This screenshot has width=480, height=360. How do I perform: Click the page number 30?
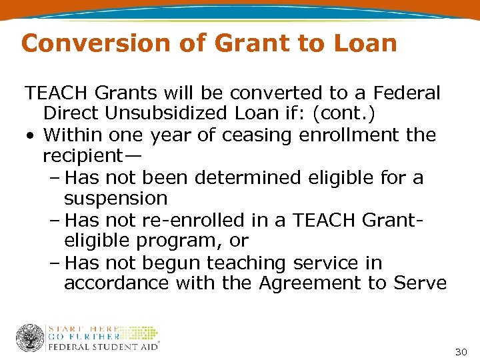pos(461,351)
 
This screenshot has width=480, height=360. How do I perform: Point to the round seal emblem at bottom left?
pos(29,338)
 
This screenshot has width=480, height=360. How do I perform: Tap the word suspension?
pos(115,199)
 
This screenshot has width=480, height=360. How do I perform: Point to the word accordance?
pos(117,283)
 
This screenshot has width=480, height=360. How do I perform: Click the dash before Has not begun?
pos(55,263)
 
